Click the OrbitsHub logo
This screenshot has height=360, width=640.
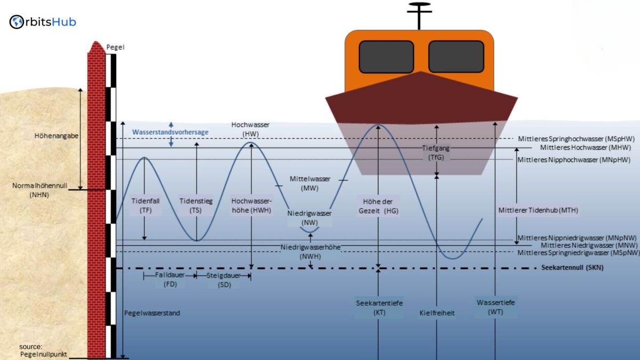(x=43, y=22)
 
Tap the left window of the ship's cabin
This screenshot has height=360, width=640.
(x=386, y=57)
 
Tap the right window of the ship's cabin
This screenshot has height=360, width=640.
(x=456, y=57)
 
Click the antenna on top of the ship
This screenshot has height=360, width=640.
(x=419, y=15)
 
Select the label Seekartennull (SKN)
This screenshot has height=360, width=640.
(x=572, y=268)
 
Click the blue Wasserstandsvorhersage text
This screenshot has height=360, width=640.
(x=170, y=132)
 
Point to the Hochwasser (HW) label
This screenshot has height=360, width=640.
(x=250, y=129)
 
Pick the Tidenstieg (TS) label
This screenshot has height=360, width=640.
(x=196, y=206)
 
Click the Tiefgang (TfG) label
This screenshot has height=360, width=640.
(x=436, y=153)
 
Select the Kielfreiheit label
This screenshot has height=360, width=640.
(x=437, y=313)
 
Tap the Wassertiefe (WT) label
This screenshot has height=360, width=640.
(x=495, y=307)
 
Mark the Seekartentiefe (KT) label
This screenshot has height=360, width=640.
(x=379, y=308)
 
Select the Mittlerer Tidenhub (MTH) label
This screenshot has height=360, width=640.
(x=538, y=210)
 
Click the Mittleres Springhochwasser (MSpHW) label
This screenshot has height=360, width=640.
(x=576, y=139)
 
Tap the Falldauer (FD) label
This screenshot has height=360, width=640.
(x=170, y=280)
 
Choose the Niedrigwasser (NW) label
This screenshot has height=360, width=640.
(x=309, y=217)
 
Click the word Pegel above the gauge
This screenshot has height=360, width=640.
(x=116, y=47)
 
